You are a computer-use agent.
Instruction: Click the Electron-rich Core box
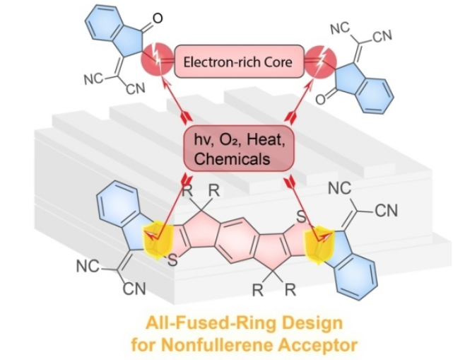click(232, 62)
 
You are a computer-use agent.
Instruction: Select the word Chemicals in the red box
click(232, 159)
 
